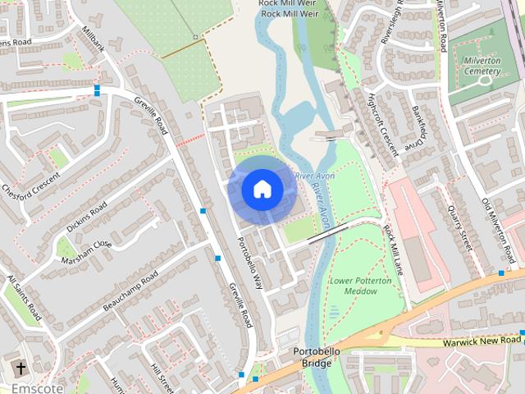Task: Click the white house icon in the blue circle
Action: point(262,190)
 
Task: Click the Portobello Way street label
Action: point(249,263)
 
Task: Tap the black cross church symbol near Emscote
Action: point(20,368)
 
